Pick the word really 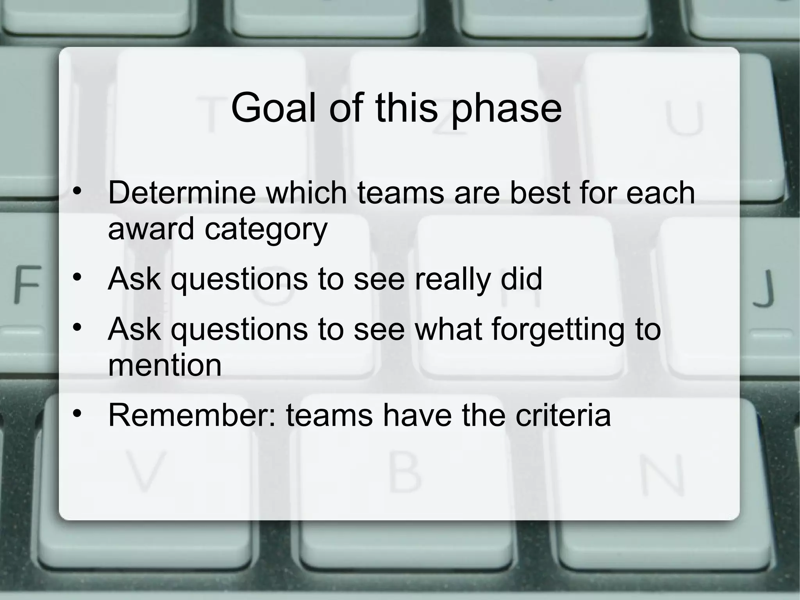pos(452,280)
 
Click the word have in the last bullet pos(417,415)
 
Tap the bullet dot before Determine pos(77,191)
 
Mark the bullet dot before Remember pos(77,413)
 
